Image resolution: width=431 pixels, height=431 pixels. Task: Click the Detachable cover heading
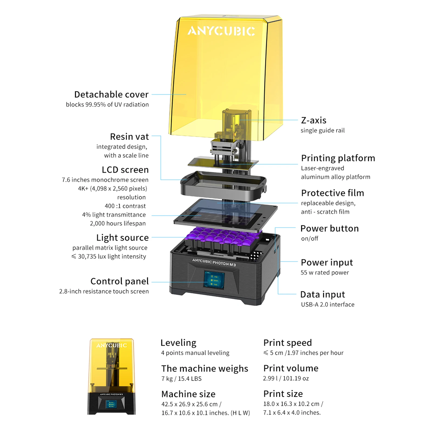[111, 94]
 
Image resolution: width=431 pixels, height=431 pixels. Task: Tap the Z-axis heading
[314, 120]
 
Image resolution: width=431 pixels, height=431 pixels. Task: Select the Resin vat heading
[129, 137]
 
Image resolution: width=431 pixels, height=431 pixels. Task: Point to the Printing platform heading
[338, 158]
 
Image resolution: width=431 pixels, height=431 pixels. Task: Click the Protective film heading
[332, 193]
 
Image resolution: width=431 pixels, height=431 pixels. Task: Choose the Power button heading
[330, 229]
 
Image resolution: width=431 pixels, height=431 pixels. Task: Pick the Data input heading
[323, 295]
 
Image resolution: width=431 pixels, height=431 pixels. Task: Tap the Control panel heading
[120, 281]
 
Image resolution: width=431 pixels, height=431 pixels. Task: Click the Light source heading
[122, 238]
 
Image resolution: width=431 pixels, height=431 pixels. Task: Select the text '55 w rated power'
[325, 273]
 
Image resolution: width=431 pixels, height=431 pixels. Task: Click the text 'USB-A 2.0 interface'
[328, 304]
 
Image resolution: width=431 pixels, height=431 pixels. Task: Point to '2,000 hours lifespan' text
[118, 223]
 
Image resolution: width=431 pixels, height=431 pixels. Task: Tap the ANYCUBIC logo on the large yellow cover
[221, 31]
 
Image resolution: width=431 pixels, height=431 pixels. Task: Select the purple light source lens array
[223, 235]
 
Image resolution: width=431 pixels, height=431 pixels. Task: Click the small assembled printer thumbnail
[111, 376]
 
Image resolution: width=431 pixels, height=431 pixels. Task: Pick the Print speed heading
[288, 343]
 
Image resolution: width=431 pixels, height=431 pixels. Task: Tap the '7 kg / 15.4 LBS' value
[181, 379]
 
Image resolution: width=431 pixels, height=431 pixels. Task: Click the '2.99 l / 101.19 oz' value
[286, 379]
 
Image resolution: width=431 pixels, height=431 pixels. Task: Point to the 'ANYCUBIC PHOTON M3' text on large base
[214, 262]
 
